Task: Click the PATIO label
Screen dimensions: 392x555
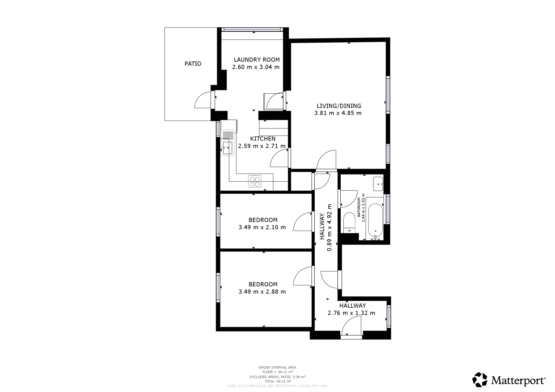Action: pos(193,64)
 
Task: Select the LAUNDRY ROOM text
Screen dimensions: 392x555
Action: pos(257,60)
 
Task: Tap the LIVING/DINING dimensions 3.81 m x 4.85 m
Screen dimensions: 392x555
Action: pos(338,113)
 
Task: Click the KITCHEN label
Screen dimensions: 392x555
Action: pos(263,139)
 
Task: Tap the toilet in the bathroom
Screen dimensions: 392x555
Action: pos(349,222)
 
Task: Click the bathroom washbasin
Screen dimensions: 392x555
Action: pos(378,184)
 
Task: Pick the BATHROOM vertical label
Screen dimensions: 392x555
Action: pos(359,207)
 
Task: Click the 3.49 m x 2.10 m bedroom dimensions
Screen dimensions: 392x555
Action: pos(262,227)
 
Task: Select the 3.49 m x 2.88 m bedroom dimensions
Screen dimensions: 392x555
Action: pos(262,292)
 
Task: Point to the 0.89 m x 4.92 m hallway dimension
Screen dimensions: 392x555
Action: pos(330,227)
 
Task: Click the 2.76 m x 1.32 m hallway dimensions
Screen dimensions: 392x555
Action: pos(351,313)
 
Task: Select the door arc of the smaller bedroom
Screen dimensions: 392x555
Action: pos(301,221)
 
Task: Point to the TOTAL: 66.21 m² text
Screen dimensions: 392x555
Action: pos(277,381)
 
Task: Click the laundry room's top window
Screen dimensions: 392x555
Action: pos(252,29)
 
